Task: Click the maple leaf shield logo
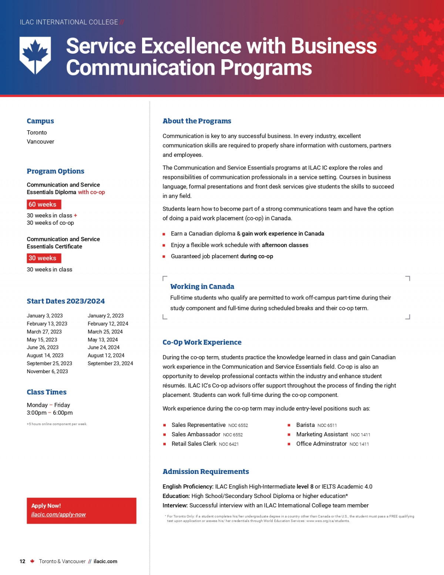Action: (35, 55)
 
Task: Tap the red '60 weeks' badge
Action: (44, 204)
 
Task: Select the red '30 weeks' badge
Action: (44, 258)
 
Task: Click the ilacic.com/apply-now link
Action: (58, 514)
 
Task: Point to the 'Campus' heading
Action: (40, 121)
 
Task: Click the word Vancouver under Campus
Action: (40, 141)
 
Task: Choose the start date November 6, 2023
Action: (47, 371)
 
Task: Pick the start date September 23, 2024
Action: (110, 363)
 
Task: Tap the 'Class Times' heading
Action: (47, 392)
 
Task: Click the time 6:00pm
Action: (63, 412)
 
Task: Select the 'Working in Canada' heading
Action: (202, 287)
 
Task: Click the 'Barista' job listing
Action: (305, 425)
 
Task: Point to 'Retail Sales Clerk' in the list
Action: (194, 444)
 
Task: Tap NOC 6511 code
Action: (327, 425)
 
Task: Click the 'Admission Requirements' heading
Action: (206, 472)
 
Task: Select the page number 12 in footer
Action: (23, 561)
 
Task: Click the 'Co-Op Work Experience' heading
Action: (202, 342)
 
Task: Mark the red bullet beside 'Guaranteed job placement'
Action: (164, 257)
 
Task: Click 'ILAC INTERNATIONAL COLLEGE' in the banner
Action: (69, 22)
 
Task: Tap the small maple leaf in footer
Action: (32, 561)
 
